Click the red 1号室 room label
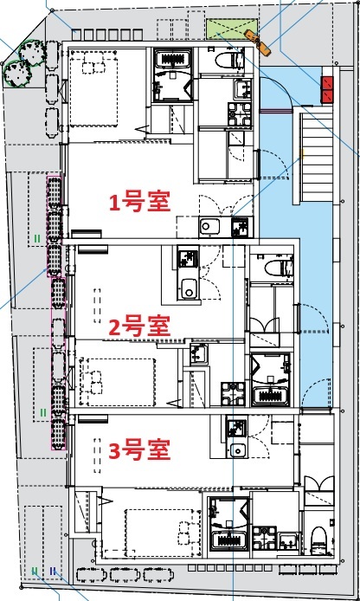coord(138,202)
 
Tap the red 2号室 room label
coord(138,326)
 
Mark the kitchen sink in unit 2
coord(188,288)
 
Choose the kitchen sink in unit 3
coord(235,450)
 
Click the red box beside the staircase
coord(329,87)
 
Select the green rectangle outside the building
coord(224,29)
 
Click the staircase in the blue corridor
coord(315,165)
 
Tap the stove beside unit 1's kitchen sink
coord(240,228)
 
